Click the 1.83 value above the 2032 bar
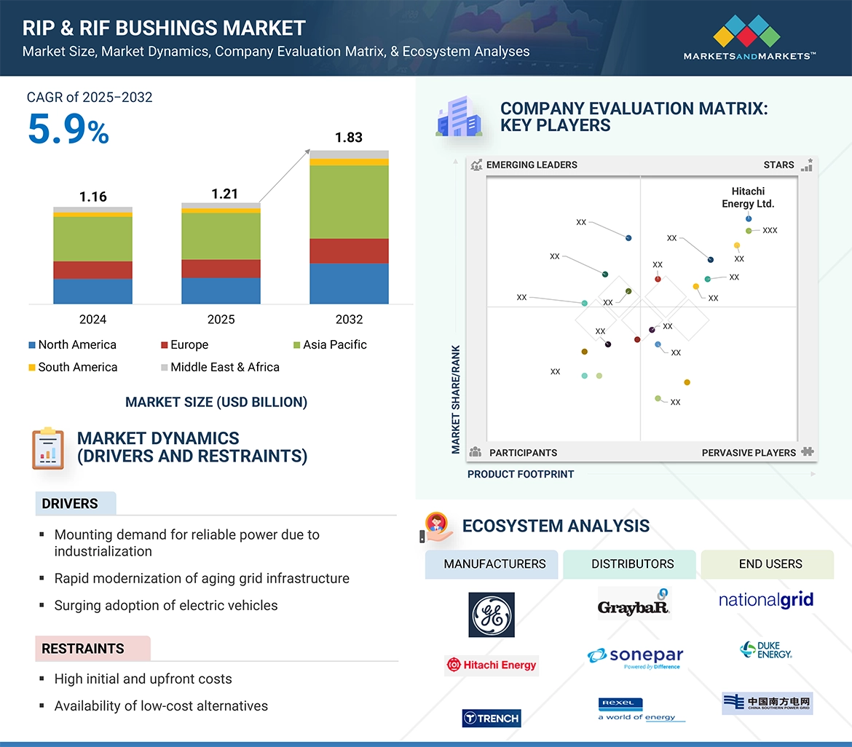pos(349,138)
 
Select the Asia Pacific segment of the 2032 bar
pos(349,202)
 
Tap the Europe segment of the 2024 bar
pos(92,270)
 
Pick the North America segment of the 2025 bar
pos(221,290)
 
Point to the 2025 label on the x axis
pos(221,320)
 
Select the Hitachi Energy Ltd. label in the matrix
pos(748,198)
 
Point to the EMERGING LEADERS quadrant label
pos(531,165)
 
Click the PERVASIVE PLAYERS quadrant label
pos(749,453)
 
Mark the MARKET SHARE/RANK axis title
pos(457,399)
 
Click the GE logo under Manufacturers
pos(492,614)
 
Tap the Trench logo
pos(492,719)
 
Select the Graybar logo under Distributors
pos(634,605)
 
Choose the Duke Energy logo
pos(766,649)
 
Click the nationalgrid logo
pos(766,601)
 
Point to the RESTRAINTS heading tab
pos(83,649)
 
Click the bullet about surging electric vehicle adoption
pos(166,606)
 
